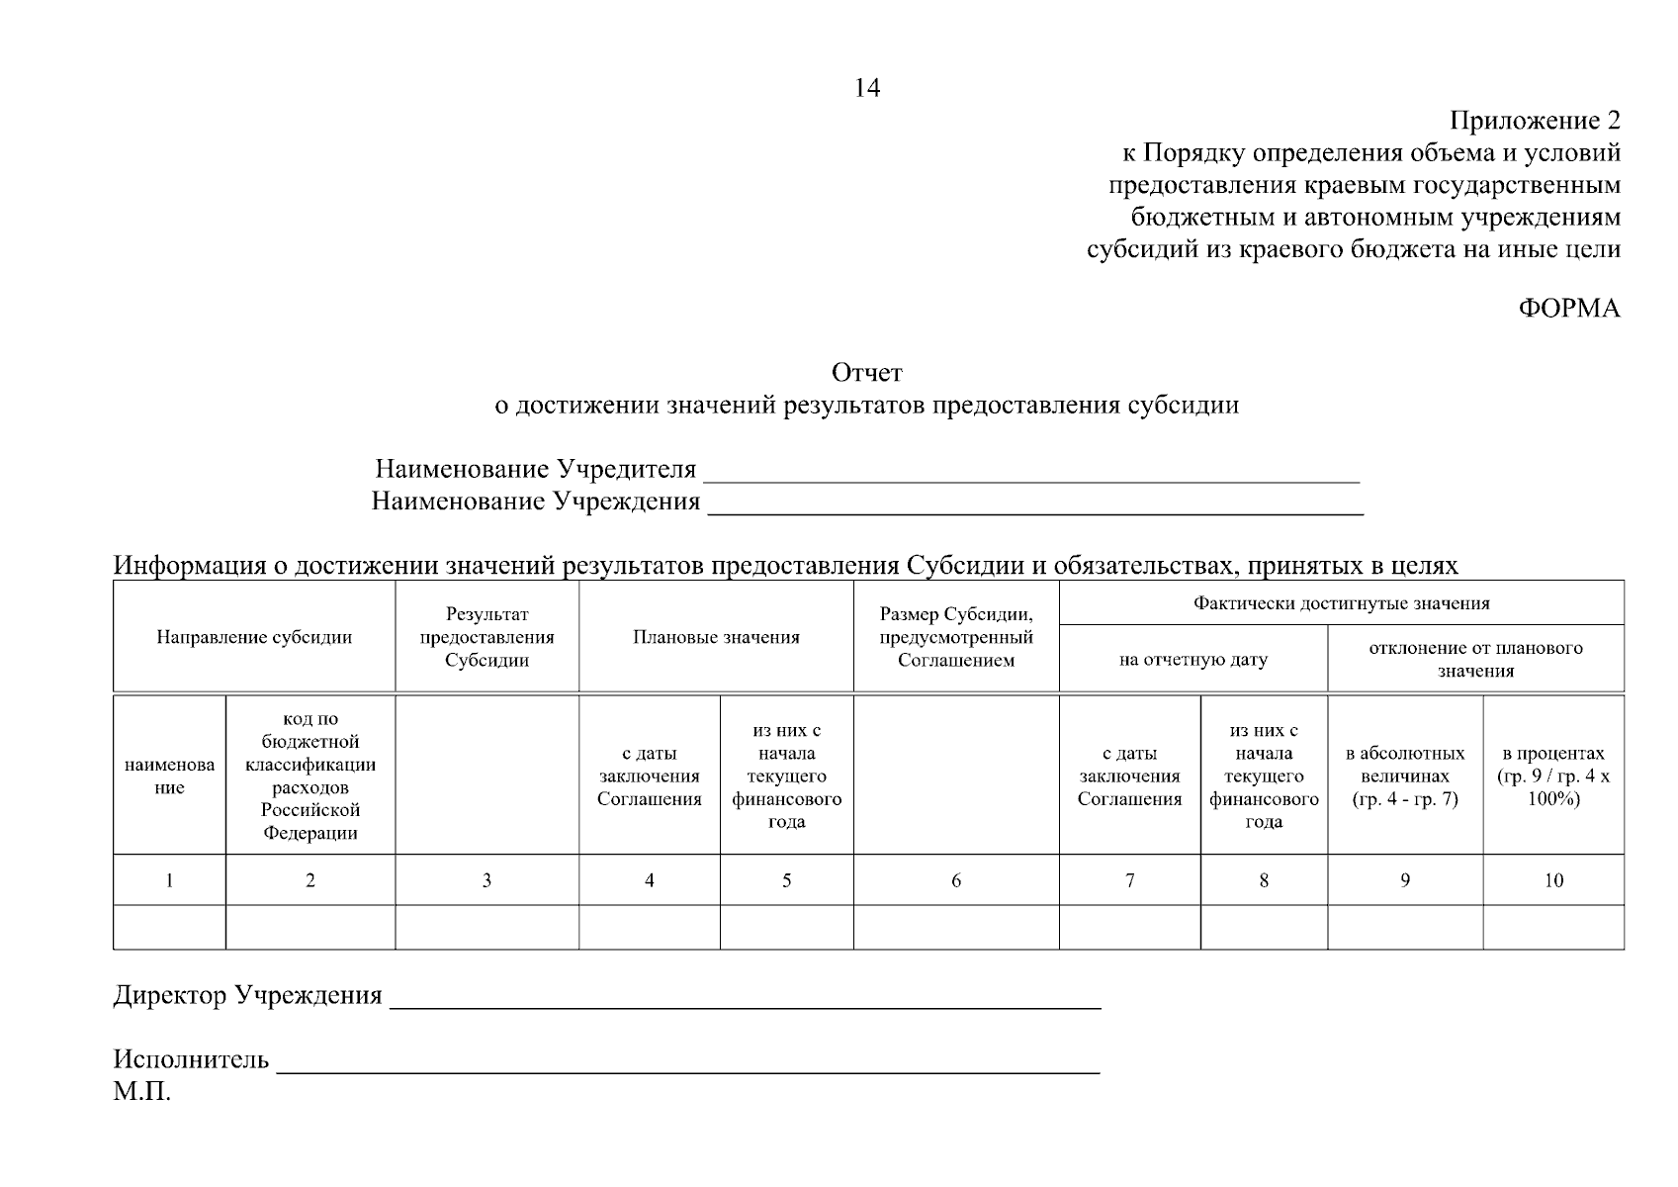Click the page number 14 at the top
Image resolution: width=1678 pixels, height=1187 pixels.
(866, 88)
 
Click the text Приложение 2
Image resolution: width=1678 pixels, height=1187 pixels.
(1535, 121)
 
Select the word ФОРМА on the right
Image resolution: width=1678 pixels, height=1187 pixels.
(1569, 309)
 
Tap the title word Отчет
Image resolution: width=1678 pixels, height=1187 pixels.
(866, 373)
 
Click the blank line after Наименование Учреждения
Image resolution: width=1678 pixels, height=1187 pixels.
(1035, 506)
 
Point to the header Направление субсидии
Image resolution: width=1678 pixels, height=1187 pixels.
(254, 637)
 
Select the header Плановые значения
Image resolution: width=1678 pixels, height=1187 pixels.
(716, 637)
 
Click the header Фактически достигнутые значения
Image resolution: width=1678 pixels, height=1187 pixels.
(1341, 602)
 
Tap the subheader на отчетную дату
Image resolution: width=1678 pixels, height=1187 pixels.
(1192, 659)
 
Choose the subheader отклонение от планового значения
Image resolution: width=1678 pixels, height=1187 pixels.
(1475, 659)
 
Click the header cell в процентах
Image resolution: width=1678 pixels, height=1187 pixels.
(1552, 776)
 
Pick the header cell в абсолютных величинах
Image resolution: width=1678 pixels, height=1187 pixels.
(1404, 776)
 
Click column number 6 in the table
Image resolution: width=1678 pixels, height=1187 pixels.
(955, 880)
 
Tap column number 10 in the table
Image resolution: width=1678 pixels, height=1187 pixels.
(1552, 880)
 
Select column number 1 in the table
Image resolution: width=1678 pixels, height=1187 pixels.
(169, 880)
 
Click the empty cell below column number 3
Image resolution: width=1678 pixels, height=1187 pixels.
(486, 927)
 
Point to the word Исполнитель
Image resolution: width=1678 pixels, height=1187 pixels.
(191, 1060)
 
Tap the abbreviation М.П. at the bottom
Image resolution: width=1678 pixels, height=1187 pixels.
(141, 1093)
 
